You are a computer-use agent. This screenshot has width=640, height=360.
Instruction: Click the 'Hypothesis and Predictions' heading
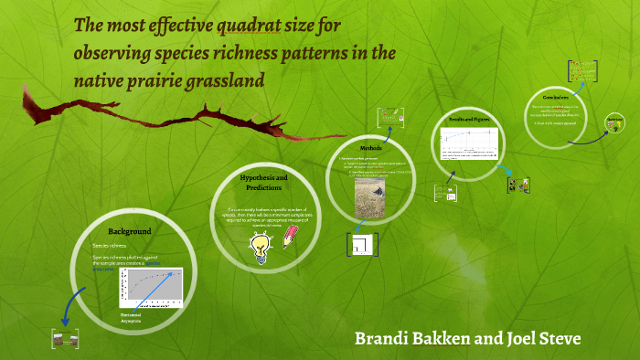(x=263, y=182)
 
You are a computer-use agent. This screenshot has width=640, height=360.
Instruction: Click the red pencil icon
(x=289, y=238)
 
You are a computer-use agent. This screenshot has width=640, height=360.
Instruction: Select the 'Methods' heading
(x=369, y=147)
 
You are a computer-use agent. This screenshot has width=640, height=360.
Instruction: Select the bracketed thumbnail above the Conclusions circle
(x=582, y=70)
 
